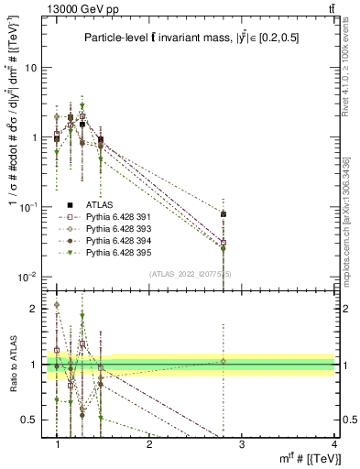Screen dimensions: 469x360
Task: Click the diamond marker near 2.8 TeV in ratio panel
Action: [224, 361]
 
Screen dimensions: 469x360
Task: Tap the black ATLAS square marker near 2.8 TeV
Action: [224, 214]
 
